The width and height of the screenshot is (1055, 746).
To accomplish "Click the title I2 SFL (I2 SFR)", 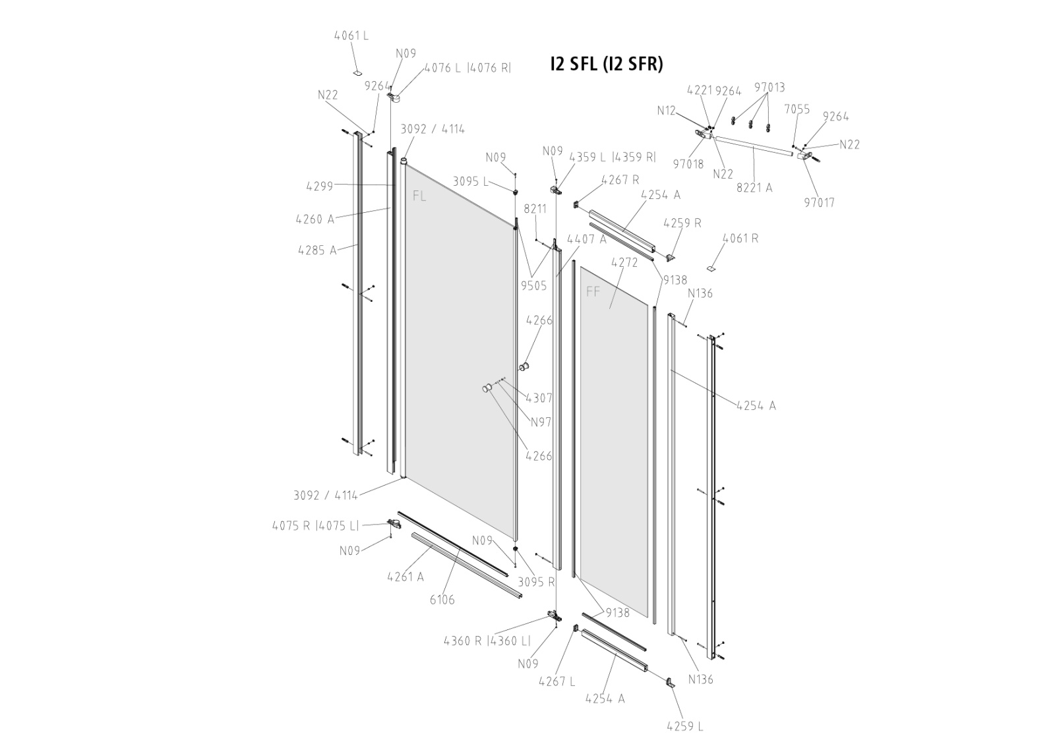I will (x=606, y=64).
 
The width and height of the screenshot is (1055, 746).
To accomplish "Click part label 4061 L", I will (x=351, y=36).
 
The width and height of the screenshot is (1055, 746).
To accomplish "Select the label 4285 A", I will (x=317, y=250).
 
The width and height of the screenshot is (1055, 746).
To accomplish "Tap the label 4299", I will (x=320, y=186).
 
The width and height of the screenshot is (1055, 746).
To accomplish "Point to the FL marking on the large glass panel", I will (x=419, y=196).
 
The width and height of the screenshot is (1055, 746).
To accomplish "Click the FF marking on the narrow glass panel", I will (x=593, y=291).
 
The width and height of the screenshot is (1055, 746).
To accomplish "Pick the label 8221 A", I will (x=754, y=188).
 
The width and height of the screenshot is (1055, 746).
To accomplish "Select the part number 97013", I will (x=769, y=88).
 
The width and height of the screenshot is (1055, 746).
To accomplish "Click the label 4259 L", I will (x=684, y=726).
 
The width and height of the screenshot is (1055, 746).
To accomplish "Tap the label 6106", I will (x=442, y=600).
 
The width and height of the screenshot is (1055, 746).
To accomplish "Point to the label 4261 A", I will (x=406, y=577).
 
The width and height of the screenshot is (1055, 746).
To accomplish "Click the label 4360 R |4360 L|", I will (x=487, y=641).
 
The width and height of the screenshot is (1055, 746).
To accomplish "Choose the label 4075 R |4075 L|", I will (x=316, y=526).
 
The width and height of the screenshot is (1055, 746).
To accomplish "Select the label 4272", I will (x=624, y=262).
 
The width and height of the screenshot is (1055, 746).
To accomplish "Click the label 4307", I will (x=539, y=398).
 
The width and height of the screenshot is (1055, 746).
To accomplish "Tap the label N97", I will (x=541, y=422).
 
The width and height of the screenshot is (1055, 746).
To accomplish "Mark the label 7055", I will (x=797, y=109).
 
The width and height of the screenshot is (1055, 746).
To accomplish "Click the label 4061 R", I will (x=740, y=239).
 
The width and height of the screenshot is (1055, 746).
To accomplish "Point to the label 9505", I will (x=533, y=286).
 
